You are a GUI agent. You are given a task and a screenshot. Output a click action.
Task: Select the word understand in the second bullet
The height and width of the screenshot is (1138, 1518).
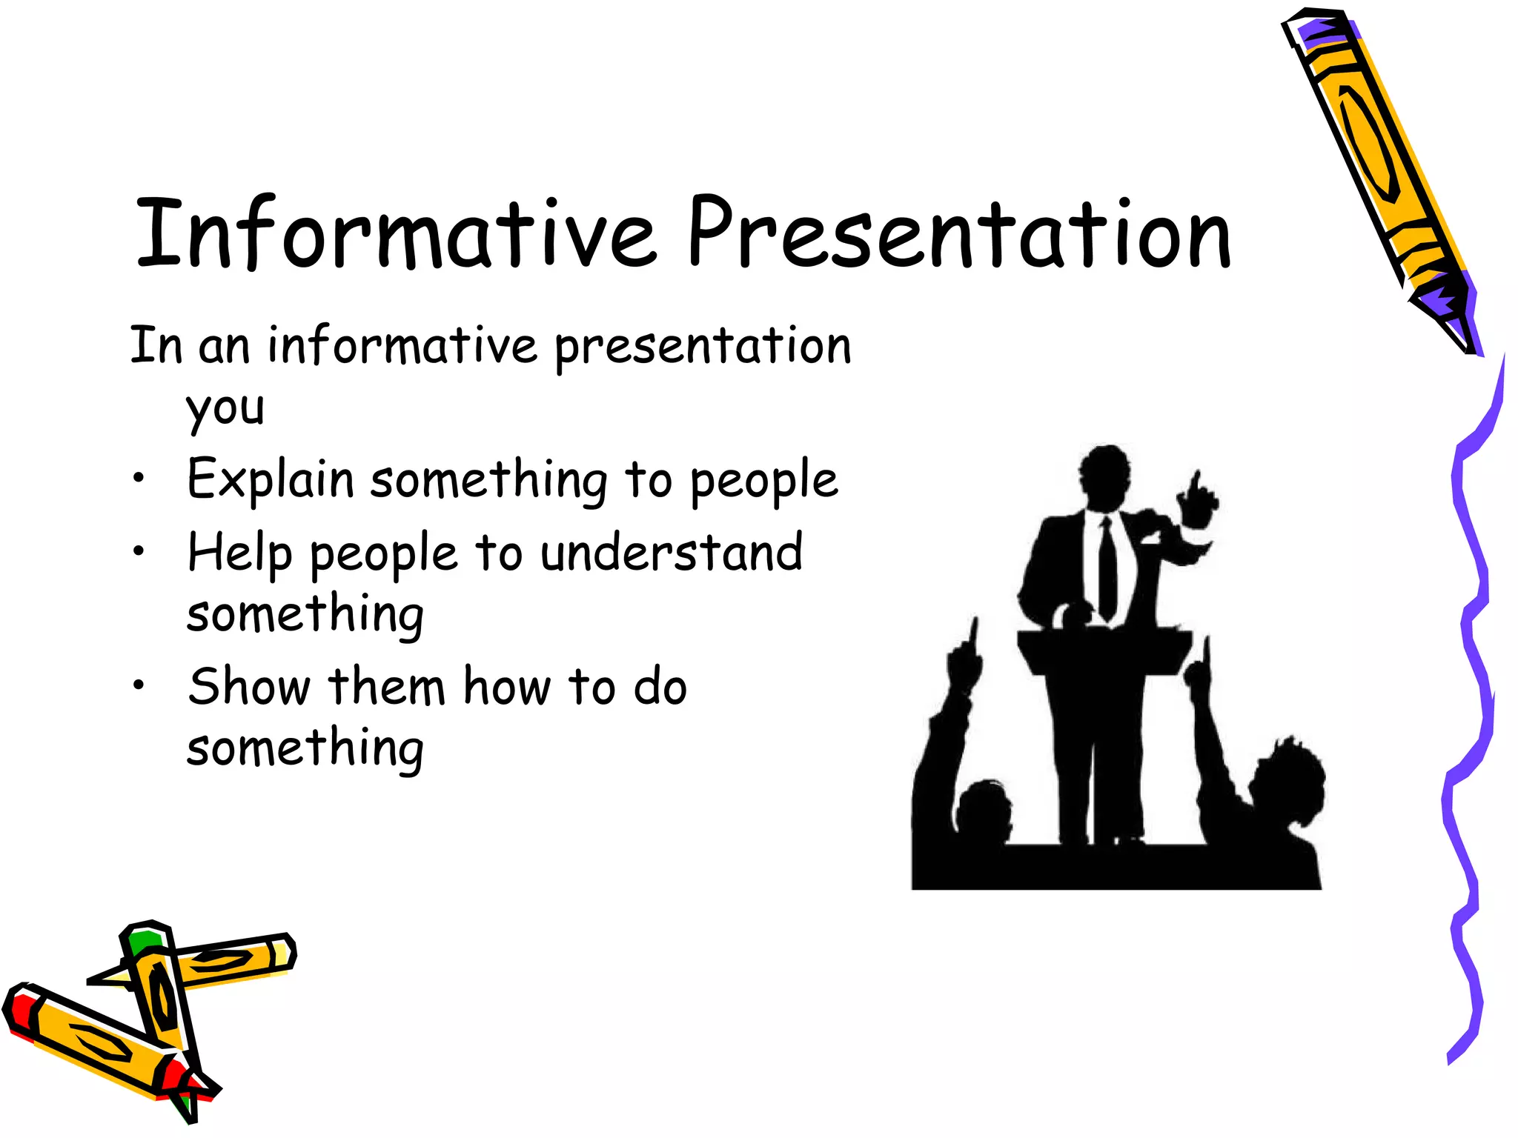[671, 553]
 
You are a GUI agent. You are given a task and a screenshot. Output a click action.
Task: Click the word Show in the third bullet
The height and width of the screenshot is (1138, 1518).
[249, 686]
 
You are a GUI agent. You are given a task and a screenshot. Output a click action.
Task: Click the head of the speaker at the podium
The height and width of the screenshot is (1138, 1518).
[1105, 474]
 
